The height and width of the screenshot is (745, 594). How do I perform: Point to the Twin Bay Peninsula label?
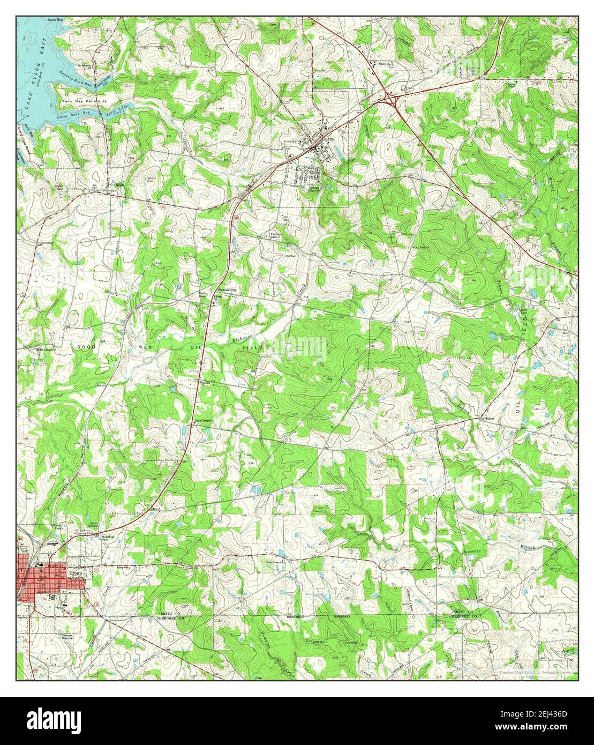tap(85, 101)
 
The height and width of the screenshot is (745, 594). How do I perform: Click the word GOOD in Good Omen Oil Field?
tap(86, 347)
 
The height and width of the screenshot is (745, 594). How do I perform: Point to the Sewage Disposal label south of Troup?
tap(67, 636)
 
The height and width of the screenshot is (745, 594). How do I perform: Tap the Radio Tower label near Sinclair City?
tap(204, 294)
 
